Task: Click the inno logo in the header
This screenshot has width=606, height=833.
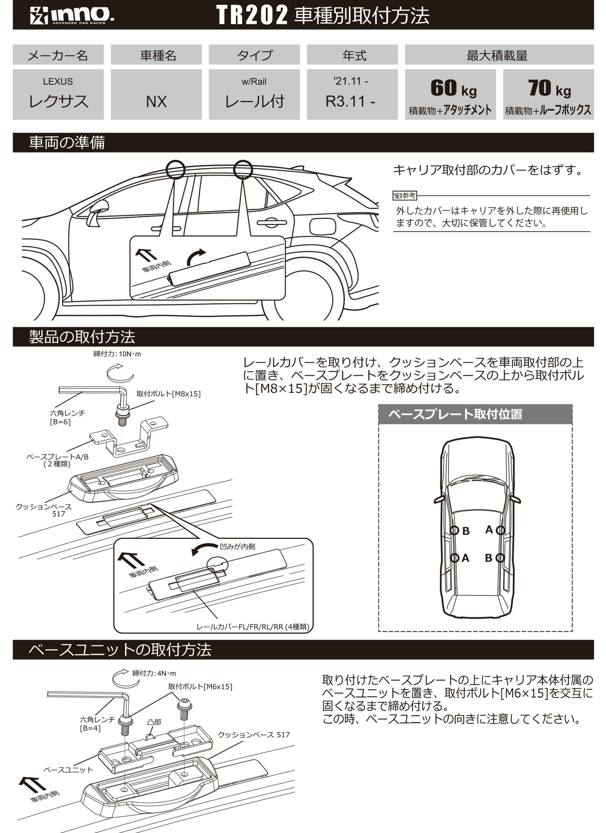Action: tap(72, 15)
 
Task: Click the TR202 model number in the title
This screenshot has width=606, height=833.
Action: tap(252, 15)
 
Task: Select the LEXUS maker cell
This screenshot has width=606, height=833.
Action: tap(58, 95)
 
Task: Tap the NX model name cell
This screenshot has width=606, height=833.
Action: tap(156, 95)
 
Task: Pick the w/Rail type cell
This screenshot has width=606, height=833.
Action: tap(254, 95)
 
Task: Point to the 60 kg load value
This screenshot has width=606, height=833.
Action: tap(454, 89)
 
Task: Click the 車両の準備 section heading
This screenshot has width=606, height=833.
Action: tap(67, 142)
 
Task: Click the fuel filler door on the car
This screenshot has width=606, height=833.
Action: tap(323, 225)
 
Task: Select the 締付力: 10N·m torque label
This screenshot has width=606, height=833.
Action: tap(117, 354)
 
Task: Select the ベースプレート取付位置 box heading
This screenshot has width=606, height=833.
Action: tap(455, 414)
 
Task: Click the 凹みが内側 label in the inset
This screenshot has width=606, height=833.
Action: tap(238, 546)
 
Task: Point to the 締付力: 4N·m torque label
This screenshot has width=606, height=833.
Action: tap(154, 673)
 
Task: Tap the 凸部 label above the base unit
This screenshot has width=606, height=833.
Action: tap(154, 722)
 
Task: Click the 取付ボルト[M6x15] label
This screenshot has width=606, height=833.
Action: tap(200, 686)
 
